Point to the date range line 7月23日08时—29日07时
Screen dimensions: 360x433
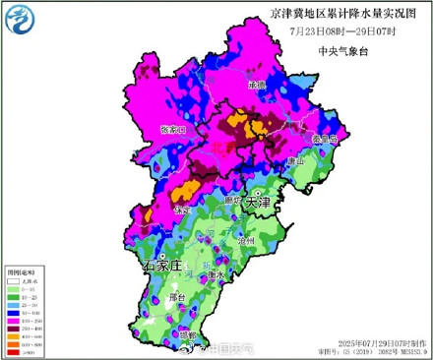tap(327, 31)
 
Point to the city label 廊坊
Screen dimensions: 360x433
tap(233, 200)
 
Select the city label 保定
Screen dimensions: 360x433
tap(180, 210)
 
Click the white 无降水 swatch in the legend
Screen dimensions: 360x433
tap(14, 281)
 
